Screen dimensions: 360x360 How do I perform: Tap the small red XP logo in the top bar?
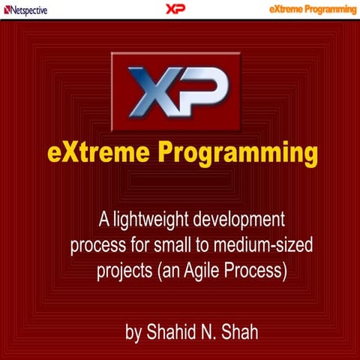[175, 9]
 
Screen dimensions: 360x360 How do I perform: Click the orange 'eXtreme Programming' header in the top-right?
[313, 9]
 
